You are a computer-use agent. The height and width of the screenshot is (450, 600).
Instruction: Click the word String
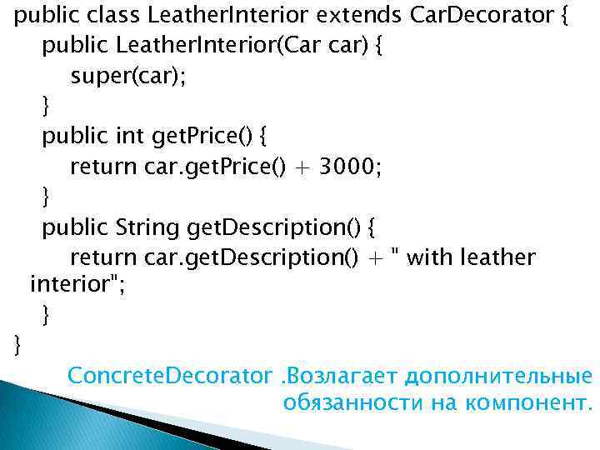click(149, 227)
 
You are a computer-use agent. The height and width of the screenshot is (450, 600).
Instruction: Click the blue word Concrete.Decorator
click(170, 375)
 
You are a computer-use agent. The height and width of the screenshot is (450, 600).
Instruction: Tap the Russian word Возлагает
click(341, 375)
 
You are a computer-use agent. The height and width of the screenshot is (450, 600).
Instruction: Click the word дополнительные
click(497, 375)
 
